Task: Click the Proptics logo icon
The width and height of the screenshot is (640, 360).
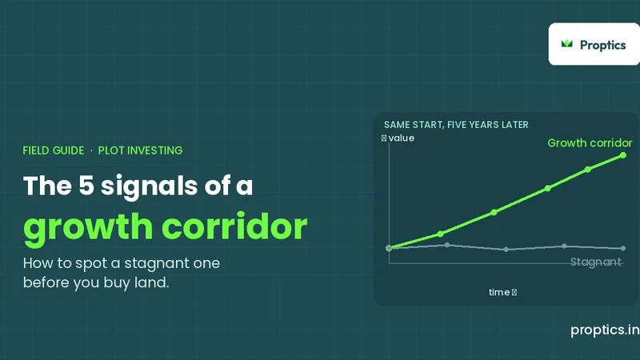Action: (566, 44)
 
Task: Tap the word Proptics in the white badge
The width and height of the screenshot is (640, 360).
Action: (603, 45)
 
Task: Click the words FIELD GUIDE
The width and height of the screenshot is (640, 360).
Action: (54, 150)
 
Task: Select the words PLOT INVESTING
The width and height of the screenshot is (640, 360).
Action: (141, 150)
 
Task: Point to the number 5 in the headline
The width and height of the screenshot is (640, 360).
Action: (86, 186)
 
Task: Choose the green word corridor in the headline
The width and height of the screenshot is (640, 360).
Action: (234, 226)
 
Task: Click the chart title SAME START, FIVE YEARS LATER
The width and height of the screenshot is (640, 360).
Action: (456, 125)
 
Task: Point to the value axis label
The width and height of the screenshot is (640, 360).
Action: (398, 138)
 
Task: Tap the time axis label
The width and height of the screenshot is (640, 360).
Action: (503, 292)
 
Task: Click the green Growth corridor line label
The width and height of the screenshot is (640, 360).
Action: (590, 143)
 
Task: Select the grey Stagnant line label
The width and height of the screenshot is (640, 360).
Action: (595, 262)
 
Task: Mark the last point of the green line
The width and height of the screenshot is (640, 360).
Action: (623, 155)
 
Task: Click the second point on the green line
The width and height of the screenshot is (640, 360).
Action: (440, 234)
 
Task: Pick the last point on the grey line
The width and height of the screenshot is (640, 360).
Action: (623, 248)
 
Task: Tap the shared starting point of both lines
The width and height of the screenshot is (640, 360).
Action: (389, 248)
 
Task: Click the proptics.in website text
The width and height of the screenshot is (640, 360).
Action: (605, 330)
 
